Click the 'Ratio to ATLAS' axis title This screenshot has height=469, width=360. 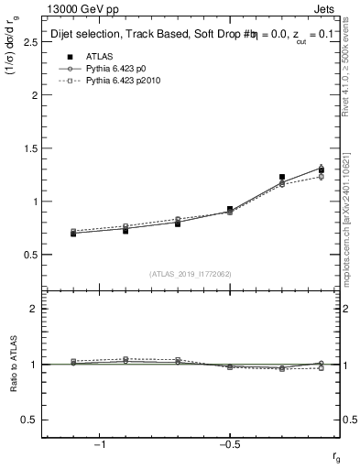point(14,364)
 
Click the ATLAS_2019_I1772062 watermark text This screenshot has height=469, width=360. point(190,273)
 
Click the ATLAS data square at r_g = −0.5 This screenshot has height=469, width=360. point(230,210)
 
